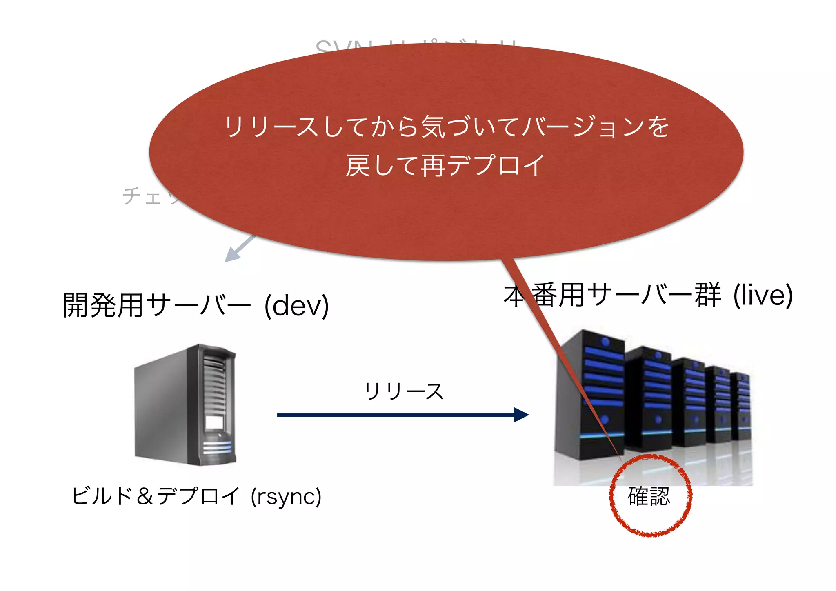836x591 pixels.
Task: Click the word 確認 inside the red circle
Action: click(649, 496)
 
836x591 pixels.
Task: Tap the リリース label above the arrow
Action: click(404, 391)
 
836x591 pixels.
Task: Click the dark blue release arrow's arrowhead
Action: click(521, 415)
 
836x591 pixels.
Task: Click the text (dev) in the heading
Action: click(297, 306)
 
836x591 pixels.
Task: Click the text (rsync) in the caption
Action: click(286, 497)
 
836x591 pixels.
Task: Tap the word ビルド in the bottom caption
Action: click(102, 496)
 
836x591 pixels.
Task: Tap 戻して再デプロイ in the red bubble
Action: click(445, 165)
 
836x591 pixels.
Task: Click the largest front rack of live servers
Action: click(590, 394)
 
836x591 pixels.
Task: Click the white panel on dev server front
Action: click(214, 422)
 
